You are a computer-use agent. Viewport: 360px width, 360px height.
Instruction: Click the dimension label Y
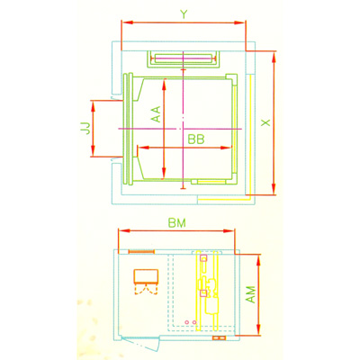184,14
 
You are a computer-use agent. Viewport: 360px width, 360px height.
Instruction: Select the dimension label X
265,122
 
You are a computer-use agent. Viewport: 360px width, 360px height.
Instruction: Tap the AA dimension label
156,114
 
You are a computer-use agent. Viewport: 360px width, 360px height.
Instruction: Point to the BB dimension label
196,139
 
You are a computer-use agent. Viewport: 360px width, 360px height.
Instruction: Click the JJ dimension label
85,128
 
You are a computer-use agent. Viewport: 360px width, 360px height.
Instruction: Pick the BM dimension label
177,223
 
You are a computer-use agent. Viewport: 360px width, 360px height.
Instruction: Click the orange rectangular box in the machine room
146,276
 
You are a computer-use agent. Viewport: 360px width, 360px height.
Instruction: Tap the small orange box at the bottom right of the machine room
219,338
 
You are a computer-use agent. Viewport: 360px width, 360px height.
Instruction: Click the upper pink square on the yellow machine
204,258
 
